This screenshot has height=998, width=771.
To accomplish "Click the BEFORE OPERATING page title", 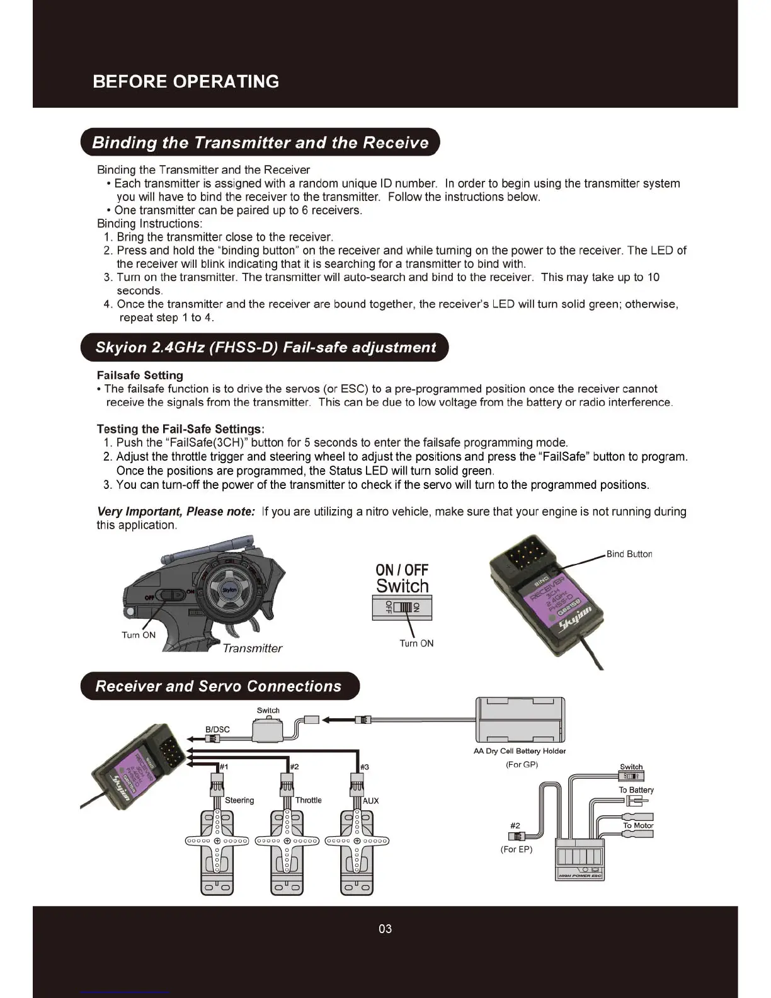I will [186, 81].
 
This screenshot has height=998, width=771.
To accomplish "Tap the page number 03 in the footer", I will [385, 929].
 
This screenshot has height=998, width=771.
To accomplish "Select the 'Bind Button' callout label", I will [629, 554].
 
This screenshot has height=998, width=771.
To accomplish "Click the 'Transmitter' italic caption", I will [252, 648].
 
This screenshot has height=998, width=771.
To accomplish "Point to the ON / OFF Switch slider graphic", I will [402, 607].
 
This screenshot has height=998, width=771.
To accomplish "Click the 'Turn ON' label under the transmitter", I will [139, 635].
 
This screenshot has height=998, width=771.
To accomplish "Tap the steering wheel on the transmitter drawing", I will [229, 590].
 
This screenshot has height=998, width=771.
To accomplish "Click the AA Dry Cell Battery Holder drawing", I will [520, 720].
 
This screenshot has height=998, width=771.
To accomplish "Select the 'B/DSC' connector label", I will [217, 730].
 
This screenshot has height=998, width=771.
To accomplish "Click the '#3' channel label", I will [364, 767].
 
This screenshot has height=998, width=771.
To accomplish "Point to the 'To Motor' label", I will [638, 825].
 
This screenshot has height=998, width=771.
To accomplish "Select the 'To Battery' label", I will [636, 790].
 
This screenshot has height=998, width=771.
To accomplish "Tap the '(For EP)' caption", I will [517, 849].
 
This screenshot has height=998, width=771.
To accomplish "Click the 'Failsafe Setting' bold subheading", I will [140, 376].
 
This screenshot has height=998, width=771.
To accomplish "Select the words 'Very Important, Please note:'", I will [176, 512].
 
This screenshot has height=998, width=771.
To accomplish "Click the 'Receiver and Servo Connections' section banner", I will [219, 686].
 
